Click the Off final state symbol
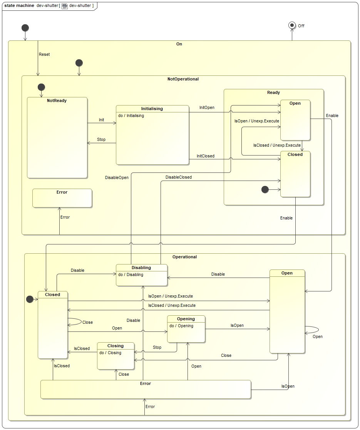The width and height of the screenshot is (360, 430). [292, 25]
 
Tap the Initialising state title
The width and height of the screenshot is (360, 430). [152, 109]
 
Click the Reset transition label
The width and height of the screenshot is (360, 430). [44, 54]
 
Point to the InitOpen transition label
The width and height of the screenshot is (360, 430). [207, 107]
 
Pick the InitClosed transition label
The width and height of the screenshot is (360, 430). [206, 156]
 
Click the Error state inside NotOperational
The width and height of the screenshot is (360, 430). [62, 198]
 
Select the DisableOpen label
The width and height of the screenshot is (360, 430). [117, 177]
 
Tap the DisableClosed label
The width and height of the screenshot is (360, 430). [178, 177]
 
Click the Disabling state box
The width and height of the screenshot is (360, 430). [142, 275]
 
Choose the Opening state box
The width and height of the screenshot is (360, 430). [186, 329]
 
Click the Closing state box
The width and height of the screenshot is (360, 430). [116, 356]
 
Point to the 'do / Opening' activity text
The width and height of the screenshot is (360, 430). [181, 326]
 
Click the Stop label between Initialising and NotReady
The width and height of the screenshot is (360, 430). [101, 139]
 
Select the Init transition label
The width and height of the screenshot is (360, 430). [101, 120]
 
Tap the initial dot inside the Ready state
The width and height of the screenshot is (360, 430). [265, 189]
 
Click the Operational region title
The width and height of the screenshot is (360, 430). [184, 257]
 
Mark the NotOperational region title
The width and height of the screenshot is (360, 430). [183, 79]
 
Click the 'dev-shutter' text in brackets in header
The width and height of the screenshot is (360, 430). [80, 6]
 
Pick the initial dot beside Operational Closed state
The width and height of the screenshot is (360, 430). [29, 299]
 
